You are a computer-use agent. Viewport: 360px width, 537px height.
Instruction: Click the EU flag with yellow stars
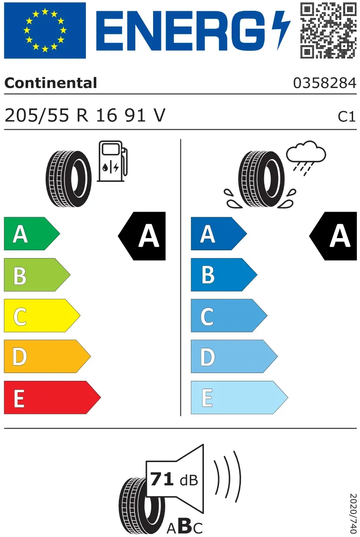pos(45,30)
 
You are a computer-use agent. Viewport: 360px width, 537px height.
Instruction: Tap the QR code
pos(328,30)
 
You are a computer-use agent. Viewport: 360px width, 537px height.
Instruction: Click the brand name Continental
pos(51,83)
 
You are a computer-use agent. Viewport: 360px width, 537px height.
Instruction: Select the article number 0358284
pos(325,83)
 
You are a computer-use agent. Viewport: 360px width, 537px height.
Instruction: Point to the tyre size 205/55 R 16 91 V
pos(85,115)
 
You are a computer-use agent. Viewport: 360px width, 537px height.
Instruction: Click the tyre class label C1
pos(347,117)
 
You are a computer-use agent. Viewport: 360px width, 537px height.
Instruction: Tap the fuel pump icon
pos(112,161)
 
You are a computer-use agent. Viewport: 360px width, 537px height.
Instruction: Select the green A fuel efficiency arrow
pos(32,234)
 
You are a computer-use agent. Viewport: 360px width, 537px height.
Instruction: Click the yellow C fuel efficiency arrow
pos(42,315)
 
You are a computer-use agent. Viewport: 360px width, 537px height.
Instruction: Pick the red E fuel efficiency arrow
pos(52,397)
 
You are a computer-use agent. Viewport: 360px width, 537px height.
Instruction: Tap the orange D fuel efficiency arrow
pos(47,356)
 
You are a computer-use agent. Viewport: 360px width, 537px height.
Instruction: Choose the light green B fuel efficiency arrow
pos(37,275)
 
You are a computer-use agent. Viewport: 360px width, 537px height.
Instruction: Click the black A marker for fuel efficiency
pos(142,236)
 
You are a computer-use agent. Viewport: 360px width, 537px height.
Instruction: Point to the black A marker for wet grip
pos(333,236)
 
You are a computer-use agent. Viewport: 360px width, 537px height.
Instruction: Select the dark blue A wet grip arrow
pos(219,234)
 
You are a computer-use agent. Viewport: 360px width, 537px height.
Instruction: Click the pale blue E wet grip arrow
pos(239,397)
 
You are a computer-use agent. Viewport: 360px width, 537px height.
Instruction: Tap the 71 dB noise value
pos(174,479)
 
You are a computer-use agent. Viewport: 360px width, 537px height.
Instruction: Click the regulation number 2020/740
pos(353,513)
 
